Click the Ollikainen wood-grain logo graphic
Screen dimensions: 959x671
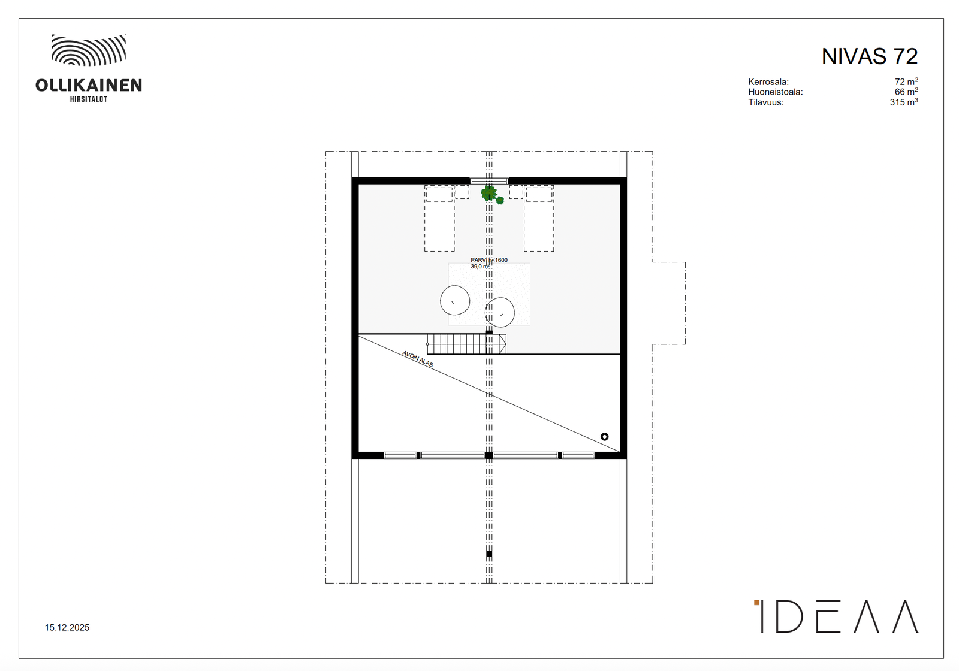pyautogui.click(x=89, y=50)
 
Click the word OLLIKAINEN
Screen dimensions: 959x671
pyautogui.click(x=89, y=86)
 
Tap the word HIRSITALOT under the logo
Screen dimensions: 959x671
pyautogui.click(x=89, y=99)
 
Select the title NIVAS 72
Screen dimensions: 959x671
pyautogui.click(x=870, y=56)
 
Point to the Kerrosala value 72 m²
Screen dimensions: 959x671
pyautogui.click(x=906, y=81)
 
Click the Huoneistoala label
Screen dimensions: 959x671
pyautogui.click(x=776, y=92)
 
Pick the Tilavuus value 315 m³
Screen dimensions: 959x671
pyautogui.click(x=904, y=102)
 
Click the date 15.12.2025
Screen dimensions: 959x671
pyautogui.click(x=67, y=628)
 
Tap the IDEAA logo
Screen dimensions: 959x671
pyautogui.click(x=836, y=616)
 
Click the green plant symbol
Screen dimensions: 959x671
pyautogui.click(x=491, y=194)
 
